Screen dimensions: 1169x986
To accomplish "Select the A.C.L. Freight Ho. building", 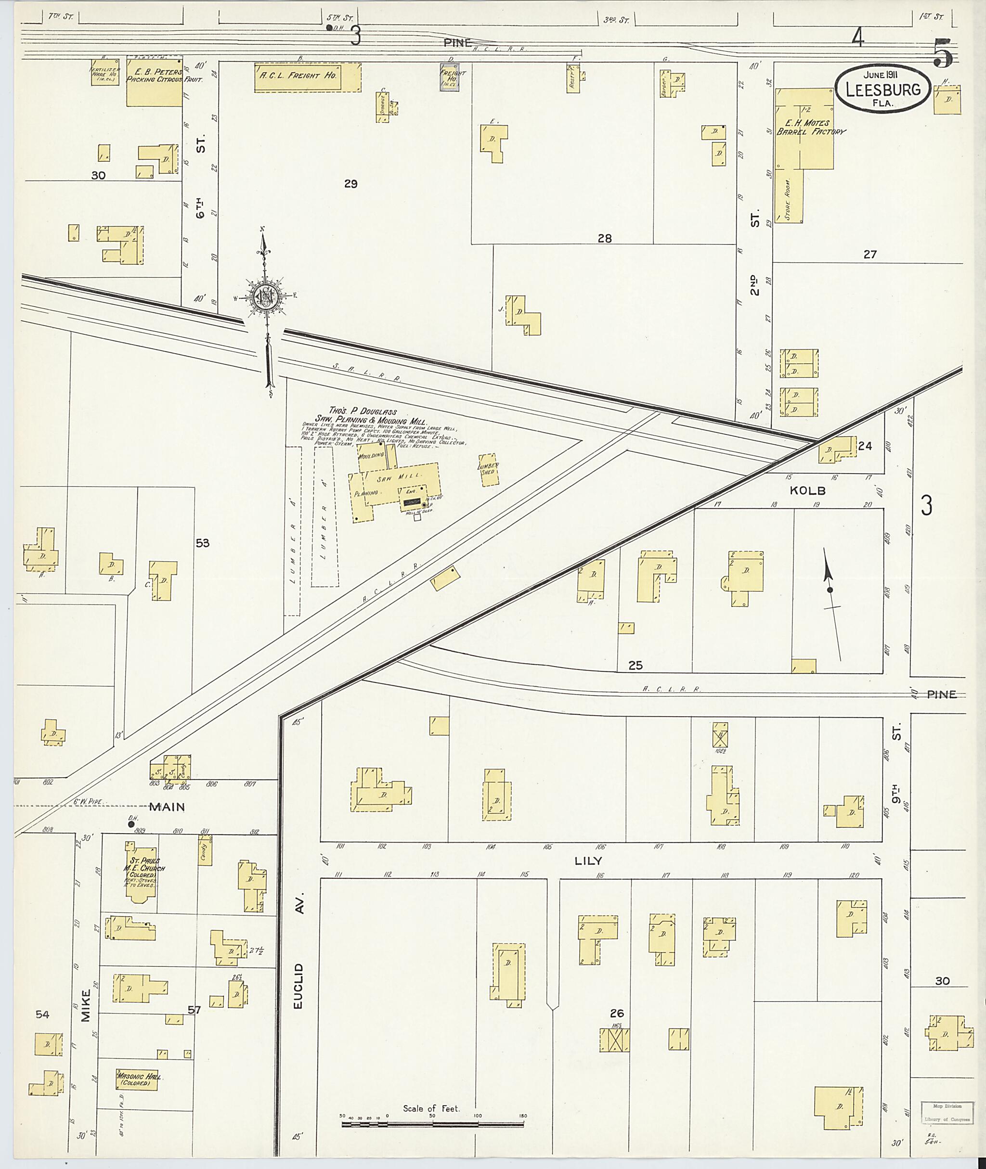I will point(308,77).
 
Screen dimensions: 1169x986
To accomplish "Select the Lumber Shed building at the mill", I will point(488,469).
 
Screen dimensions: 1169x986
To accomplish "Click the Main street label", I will point(167,807).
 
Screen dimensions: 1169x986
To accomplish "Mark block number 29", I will point(350,183).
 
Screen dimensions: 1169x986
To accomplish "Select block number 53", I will point(202,542).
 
